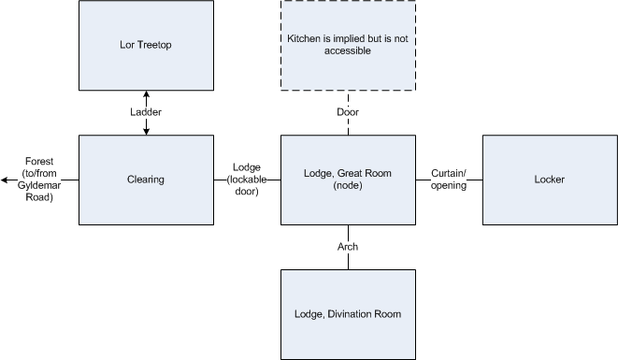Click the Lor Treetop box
click(x=146, y=45)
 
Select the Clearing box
click(x=146, y=180)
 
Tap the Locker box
click(x=549, y=180)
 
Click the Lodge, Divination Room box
click(x=348, y=314)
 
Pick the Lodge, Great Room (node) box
click(x=348, y=180)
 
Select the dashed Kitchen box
click(x=348, y=45)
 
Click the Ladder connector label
click(x=146, y=113)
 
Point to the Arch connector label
click(x=348, y=247)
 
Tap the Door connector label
click(x=348, y=112)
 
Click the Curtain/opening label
click(x=449, y=179)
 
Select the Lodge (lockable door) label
click(x=247, y=179)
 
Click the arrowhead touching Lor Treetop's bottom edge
click(x=146, y=94)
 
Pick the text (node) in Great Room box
click(x=348, y=185)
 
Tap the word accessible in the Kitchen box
click(x=348, y=51)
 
